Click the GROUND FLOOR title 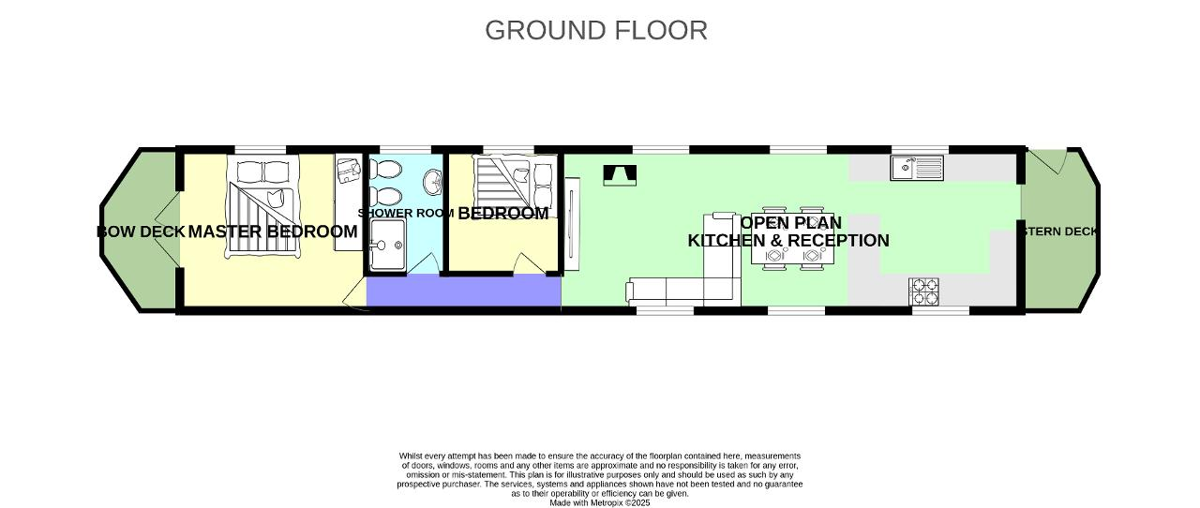click(596, 30)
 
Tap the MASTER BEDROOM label click(273, 232)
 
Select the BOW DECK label click(140, 232)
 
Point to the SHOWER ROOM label click(405, 214)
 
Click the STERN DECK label click(1060, 232)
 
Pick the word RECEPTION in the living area click(839, 241)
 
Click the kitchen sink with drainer click(917, 168)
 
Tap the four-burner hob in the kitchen click(923, 291)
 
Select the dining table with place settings click(793, 238)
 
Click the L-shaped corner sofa click(684, 286)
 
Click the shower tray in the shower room click(386, 247)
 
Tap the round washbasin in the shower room click(432, 179)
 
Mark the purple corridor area click(463, 291)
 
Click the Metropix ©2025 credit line click(599, 502)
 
